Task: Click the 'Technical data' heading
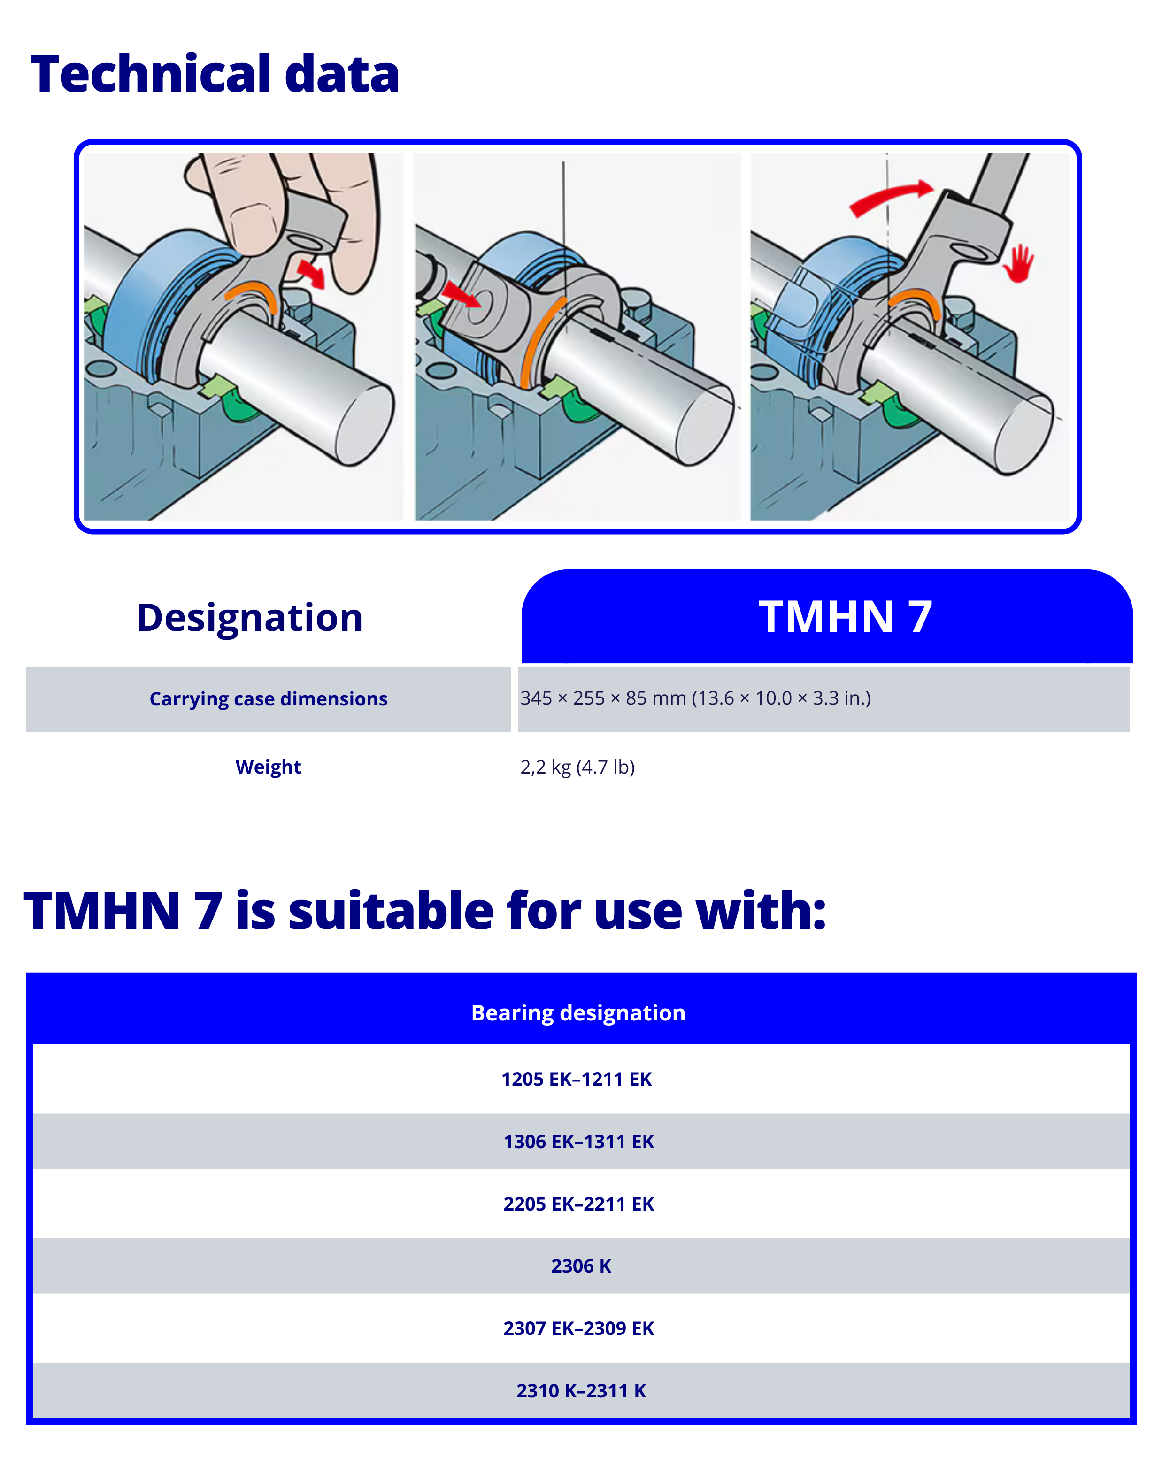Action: click(x=215, y=74)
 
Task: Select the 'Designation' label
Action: click(x=249, y=618)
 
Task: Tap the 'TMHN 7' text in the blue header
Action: click(x=845, y=616)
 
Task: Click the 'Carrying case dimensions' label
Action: click(x=269, y=699)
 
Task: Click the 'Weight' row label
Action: click(x=269, y=767)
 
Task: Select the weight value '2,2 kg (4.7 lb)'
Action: click(x=577, y=767)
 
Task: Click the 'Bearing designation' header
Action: click(x=578, y=1013)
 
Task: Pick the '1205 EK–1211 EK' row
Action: click(x=577, y=1079)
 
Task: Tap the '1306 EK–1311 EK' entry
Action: click(x=578, y=1142)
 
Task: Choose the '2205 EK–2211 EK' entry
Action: click(x=578, y=1204)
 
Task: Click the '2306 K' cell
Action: click(x=581, y=1266)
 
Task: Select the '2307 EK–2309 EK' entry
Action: click(x=578, y=1328)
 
